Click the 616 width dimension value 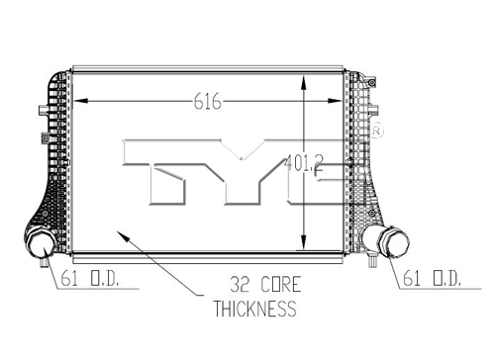[207, 101]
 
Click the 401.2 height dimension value [304, 163]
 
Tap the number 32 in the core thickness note [240, 285]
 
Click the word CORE [281, 285]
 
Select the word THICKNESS [255, 309]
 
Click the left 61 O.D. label [89, 278]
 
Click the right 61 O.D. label [432, 278]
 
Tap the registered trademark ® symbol [377, 131]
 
